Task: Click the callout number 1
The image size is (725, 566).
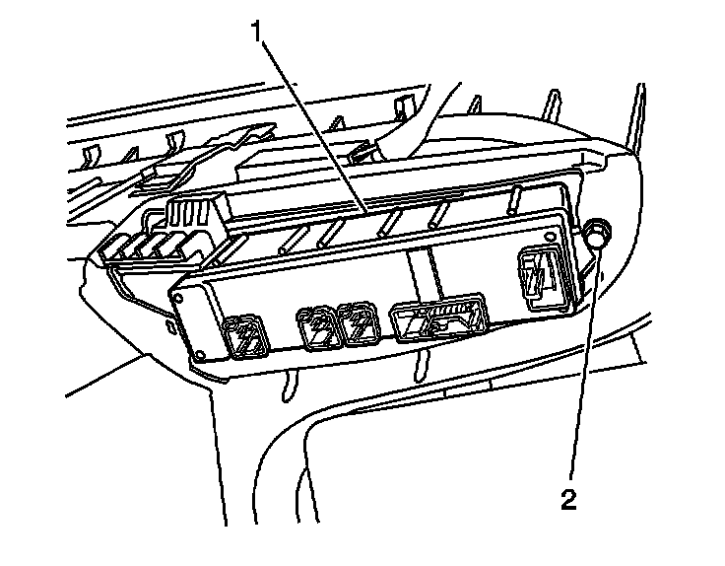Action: (x=259, y=32)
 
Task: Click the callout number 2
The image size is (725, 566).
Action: (x=568, y=499)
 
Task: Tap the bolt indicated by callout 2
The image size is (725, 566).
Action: (x=597, y=235)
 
